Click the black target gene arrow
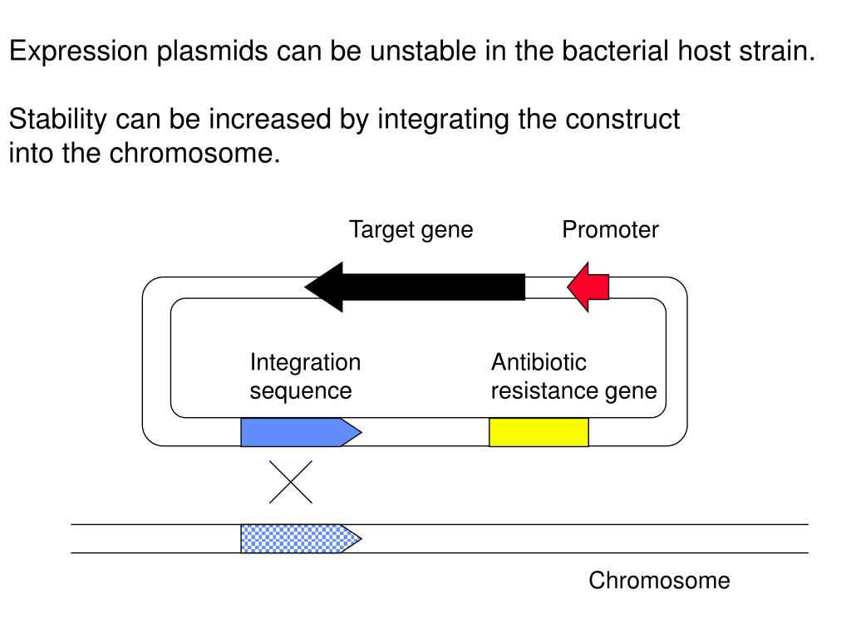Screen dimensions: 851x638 click(x=416, y=287)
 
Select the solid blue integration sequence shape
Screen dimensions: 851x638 click(x=301, y=432)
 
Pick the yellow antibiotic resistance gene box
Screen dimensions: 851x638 click(x=539, y=432)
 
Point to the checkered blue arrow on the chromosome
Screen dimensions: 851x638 click(x=301, y=538)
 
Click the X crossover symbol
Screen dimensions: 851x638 click(x=291, y=482)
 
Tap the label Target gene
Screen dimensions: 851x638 click(x=411, y=230)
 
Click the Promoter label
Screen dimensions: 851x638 click(x=610, y=229)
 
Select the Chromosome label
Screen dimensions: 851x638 click(x=659, y=581)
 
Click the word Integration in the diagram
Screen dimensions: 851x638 click(x=306, y=363)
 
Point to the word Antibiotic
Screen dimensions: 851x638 click(x=539, y=362)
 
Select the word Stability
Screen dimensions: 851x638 click(x=58, y=120)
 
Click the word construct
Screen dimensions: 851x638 click(x=622, y=120)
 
